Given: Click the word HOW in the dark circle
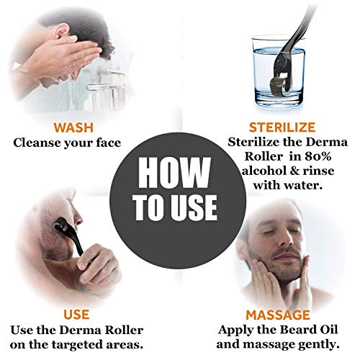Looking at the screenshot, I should [179, 172].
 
